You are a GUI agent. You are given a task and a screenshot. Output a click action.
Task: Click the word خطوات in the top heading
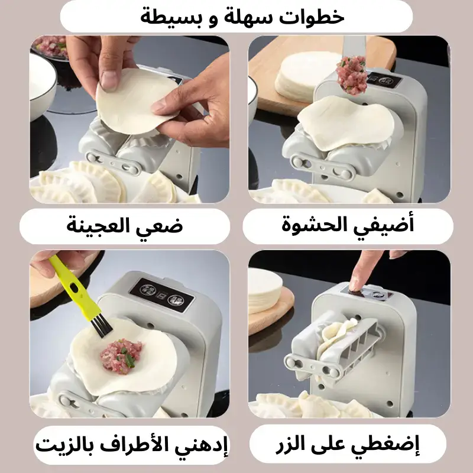click(x=312, y=17)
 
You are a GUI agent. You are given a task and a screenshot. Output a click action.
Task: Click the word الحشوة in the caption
click(x=312, y=225)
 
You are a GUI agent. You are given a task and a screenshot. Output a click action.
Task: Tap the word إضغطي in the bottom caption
click(x=385, y=446)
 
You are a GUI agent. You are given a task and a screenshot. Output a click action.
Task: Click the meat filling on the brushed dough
click(x=121, y=356)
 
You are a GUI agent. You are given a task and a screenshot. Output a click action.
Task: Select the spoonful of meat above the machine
click(x=351, y=76)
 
